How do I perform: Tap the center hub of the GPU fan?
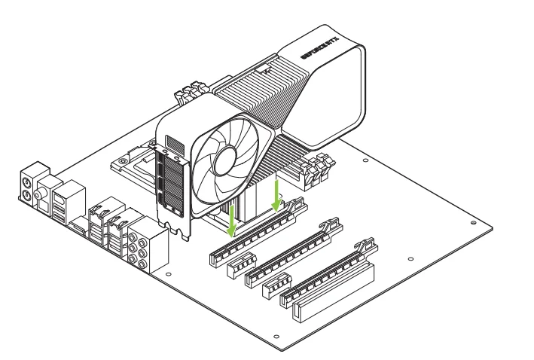[225, 161]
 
